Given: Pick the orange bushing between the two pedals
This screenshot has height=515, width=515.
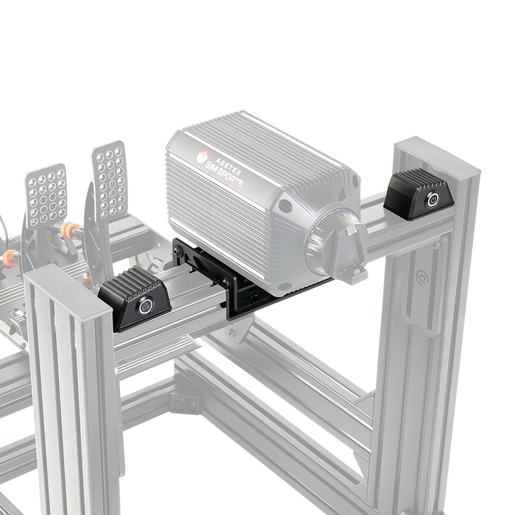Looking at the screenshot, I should click(x=70, y=230).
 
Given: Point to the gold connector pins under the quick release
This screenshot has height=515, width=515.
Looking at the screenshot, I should click(x=355, y=271).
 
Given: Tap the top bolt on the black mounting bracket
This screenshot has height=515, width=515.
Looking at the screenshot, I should click(x=178, y=251).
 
